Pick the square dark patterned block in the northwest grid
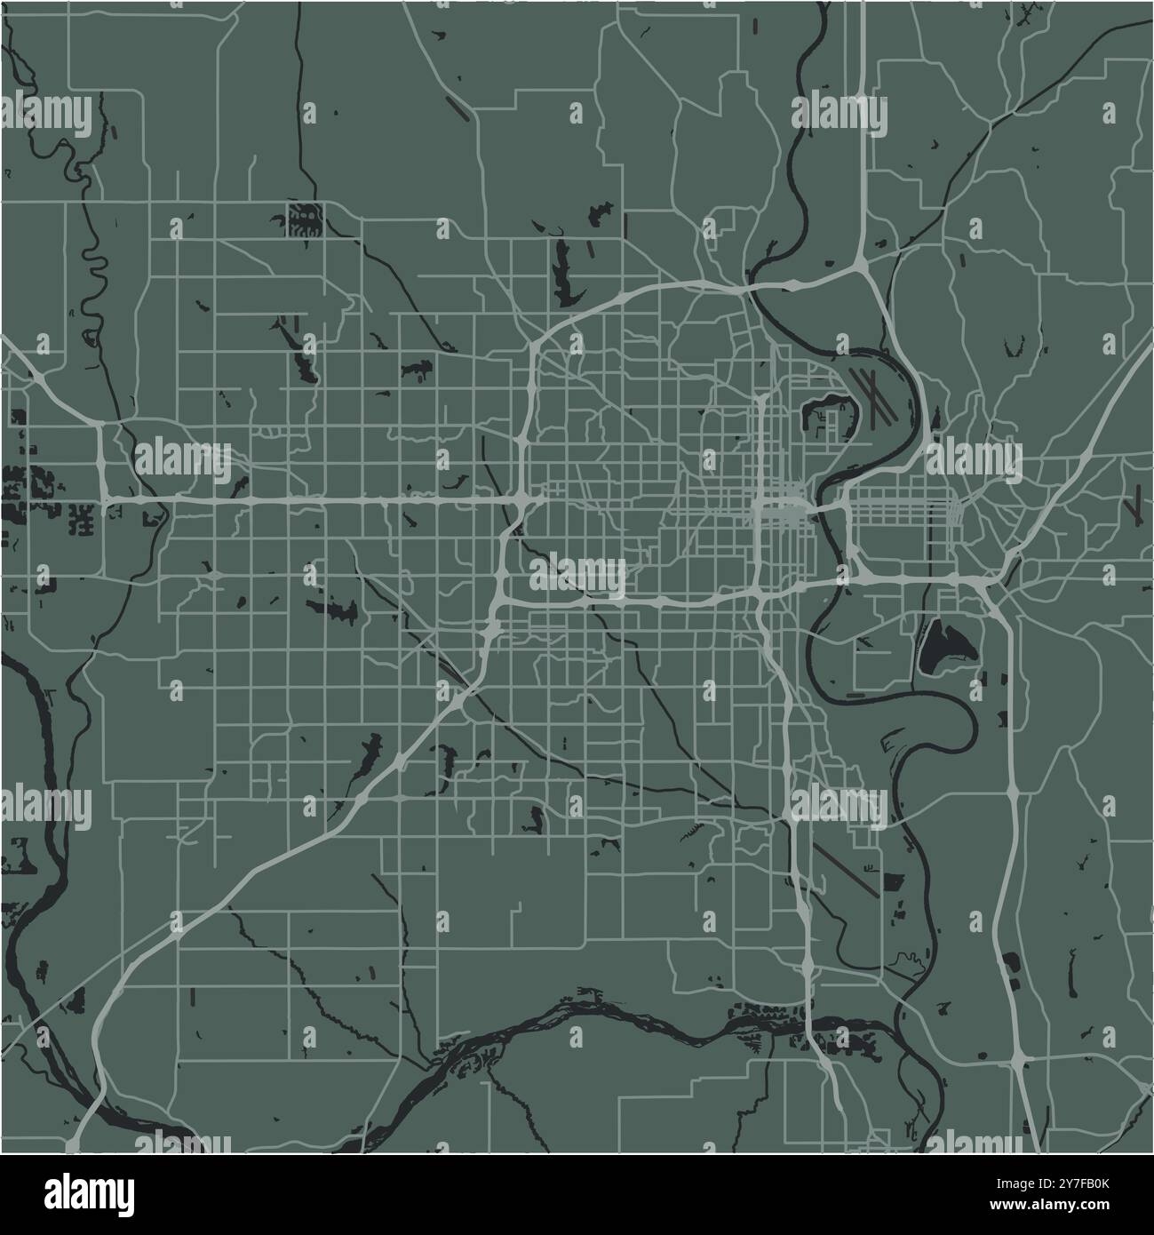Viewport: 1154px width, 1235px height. (x=303, y=219)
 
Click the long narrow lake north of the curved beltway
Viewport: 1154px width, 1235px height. (x=562, y=267)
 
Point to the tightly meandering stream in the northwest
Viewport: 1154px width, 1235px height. (x=90, y=284)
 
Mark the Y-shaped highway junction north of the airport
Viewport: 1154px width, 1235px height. (x=862, y=263)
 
